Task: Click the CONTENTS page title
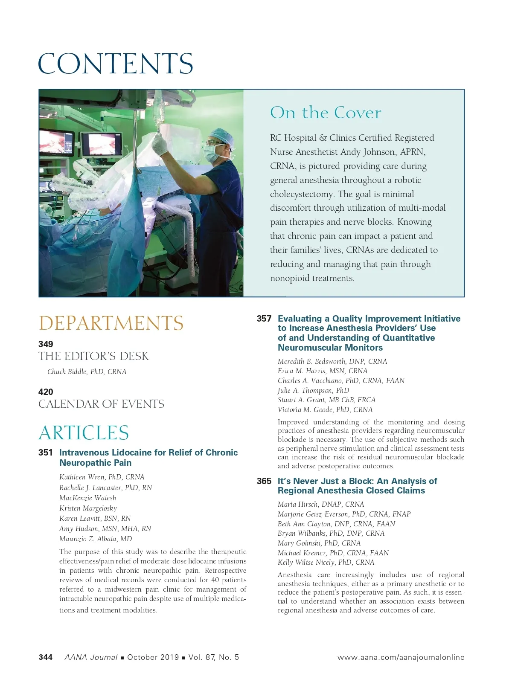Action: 115,64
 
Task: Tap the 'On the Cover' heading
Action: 325,113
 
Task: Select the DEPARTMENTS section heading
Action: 111,323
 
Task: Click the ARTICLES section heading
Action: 84,432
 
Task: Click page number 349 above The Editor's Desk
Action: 46,344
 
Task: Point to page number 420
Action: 46,392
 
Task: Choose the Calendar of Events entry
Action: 101,404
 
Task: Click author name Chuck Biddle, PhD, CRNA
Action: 87,372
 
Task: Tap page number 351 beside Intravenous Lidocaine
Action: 46,453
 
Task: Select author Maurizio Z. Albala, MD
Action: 96,539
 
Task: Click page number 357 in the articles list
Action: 264,319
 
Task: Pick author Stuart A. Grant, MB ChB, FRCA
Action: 326,400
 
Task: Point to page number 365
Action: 264,481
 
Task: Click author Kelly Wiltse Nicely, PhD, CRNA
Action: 326,562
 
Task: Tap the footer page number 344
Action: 46,657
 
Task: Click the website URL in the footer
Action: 401,657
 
